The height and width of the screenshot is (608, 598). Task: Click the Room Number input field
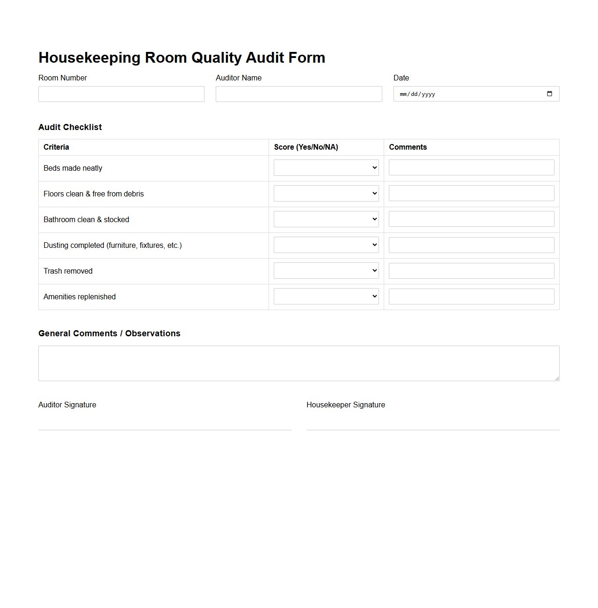point(121,94)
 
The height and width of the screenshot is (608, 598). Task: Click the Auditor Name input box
point(299,94)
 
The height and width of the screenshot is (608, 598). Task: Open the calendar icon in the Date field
point(549,94)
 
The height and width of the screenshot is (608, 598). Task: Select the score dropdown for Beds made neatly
point(326,168)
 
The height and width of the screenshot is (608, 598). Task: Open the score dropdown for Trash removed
point(326,271)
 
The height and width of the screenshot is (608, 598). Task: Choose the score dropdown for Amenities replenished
point(326,297)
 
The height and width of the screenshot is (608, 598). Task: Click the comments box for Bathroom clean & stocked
point(471,219)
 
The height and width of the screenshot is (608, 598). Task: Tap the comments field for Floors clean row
point(471,194)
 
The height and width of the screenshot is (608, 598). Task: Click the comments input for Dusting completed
point(471,245)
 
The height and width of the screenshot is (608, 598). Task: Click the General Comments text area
point(299,363)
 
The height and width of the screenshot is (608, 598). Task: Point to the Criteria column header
point(56,147)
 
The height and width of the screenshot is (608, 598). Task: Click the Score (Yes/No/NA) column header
point(306,147)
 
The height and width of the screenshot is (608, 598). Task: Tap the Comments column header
point(408,147)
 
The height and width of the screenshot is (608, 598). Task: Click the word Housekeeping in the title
point(89,58)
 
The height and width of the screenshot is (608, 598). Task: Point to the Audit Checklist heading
point(70,127)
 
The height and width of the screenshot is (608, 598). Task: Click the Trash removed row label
point(68,271)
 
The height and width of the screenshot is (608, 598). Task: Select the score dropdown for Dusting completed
point(326,245)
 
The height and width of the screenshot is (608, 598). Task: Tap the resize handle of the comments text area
point(557,378)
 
